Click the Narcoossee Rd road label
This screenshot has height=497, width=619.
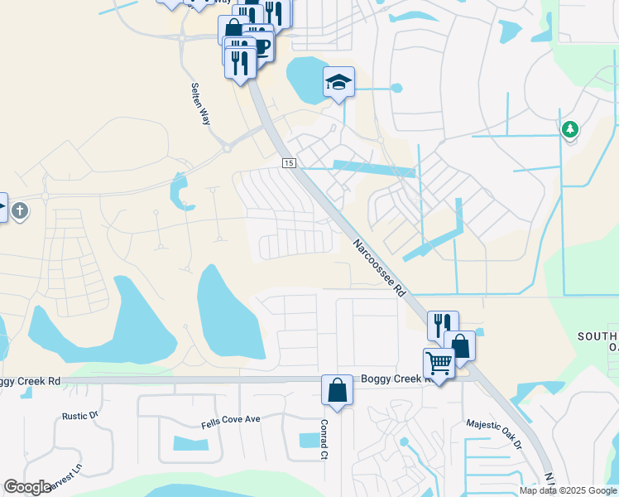point(378,268)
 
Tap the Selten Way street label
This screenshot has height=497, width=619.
point(200,104)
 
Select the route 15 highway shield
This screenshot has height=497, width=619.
point(288,163)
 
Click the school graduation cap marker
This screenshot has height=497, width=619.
point(338,82)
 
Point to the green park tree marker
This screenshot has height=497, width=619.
point(569,129)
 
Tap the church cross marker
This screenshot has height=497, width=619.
point(20,211)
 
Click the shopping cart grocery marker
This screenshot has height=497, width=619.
point(439,363)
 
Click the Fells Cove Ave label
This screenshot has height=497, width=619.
point(231,420)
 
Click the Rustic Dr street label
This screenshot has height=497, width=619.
point(80,416)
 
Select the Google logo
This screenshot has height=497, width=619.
point(27,487)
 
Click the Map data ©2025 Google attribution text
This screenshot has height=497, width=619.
point(568,490)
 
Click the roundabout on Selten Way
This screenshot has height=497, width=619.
point(225,149)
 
